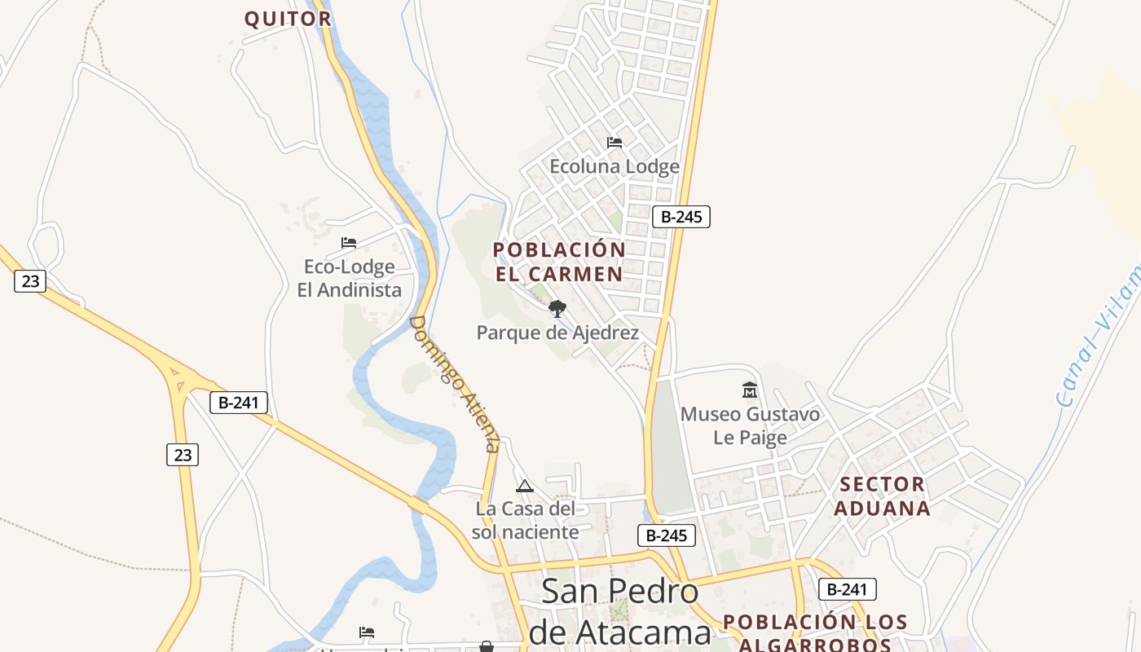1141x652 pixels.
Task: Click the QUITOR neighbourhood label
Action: point(288,19)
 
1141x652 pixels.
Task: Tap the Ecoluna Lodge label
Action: point(614,167)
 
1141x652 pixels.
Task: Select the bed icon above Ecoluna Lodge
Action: point(615,143)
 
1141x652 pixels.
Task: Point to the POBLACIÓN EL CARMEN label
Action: point(559,262)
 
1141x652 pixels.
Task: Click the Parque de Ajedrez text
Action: point(557,333)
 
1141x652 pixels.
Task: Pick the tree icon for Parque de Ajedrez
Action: point(557,308)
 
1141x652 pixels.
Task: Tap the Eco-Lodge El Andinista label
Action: point(349,278)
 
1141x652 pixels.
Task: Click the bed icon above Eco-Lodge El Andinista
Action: point(349,243)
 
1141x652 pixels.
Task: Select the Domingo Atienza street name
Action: point(454,383)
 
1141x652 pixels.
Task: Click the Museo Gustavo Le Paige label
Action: point(750,425)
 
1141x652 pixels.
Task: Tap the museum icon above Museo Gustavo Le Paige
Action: point(750,390)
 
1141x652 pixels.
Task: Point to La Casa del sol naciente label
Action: point(526,520)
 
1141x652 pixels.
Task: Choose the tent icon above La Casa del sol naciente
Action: point(525,487)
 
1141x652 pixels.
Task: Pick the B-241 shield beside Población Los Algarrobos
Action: point(848,589)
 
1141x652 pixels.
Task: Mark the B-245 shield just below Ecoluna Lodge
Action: point(681,217)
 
